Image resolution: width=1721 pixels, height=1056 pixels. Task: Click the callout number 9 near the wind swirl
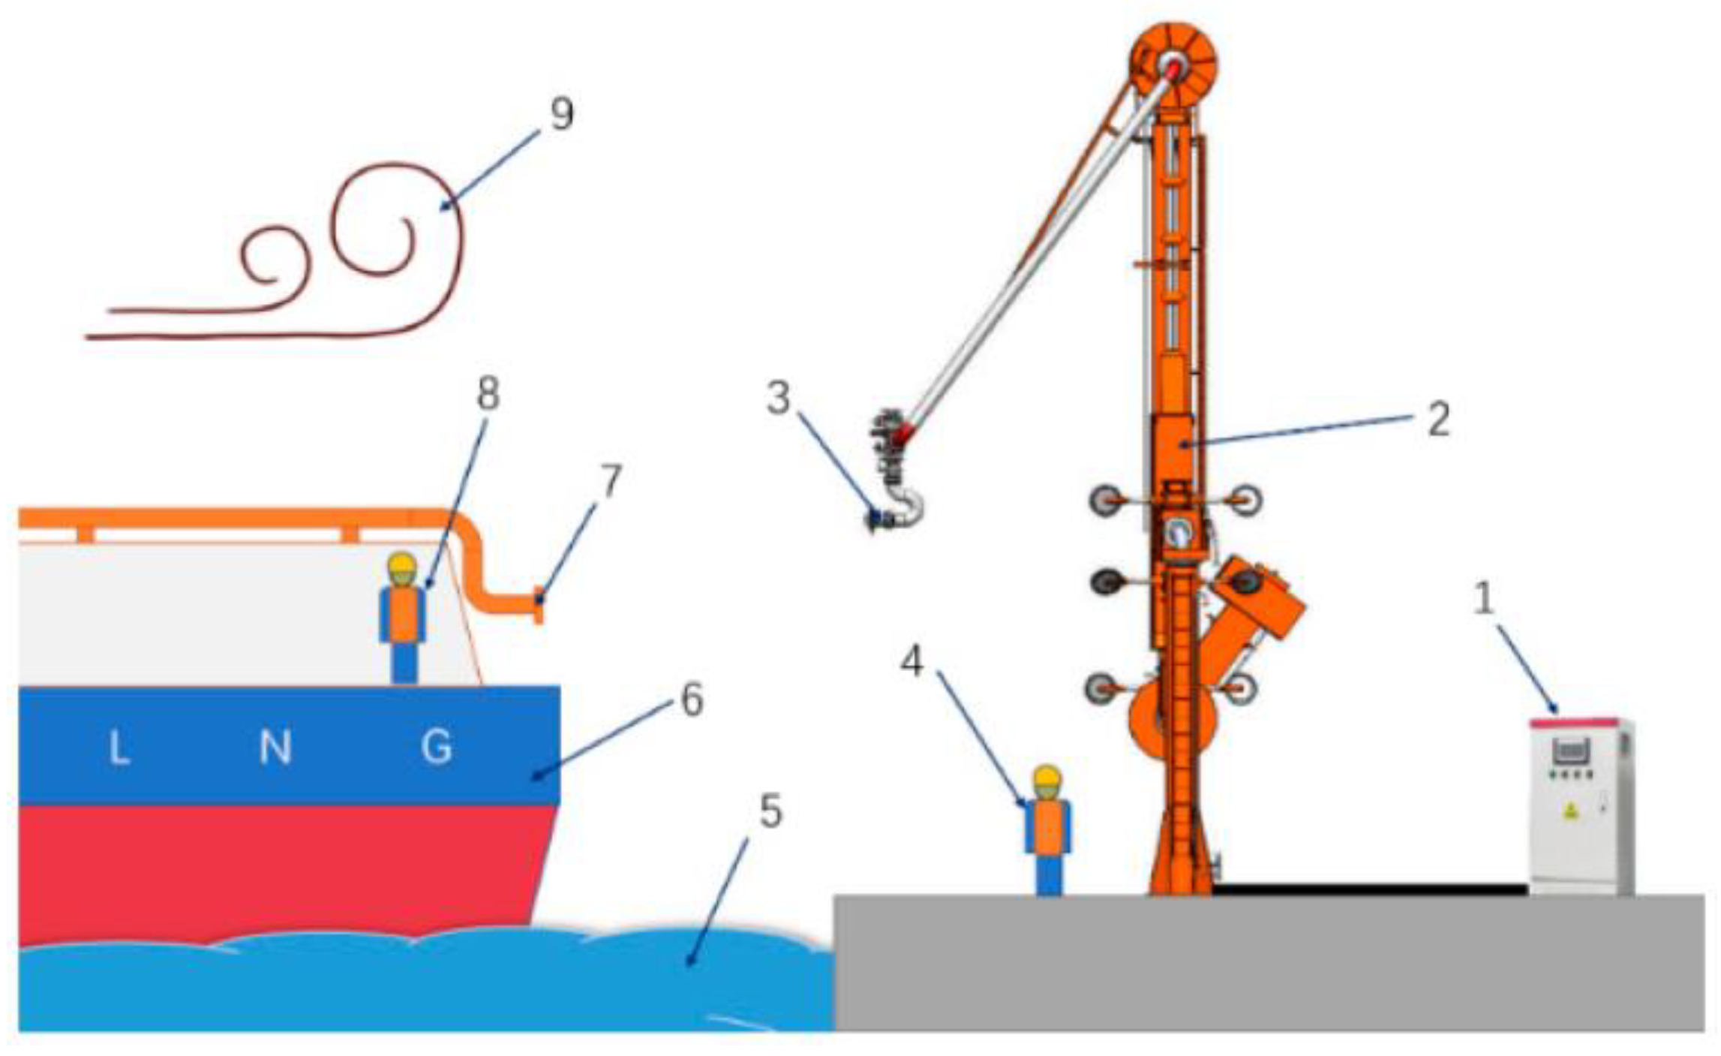[x=562, y=115]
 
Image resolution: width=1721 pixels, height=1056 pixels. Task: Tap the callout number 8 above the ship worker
[x=488, y=394]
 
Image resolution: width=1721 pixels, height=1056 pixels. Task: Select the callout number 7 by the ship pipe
[x=611, y=481]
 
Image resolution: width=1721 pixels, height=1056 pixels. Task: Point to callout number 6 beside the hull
[x=691, y=700]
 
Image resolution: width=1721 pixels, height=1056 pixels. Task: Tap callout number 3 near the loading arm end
[x=779, y=398]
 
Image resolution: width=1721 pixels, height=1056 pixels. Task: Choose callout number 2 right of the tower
[x=1437, y=420]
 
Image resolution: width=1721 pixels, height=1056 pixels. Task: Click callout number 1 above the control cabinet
[x=1483, y=600]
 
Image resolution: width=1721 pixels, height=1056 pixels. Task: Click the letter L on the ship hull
[x=119, y=748]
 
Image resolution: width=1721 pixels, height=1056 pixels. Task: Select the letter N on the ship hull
[x=275, y=748]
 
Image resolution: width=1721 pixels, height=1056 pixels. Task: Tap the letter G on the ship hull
[x=437, y=748]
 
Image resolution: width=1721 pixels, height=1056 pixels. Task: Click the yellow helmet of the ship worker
[x=402, y=565]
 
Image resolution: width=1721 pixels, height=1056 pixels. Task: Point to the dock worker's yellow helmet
[x=1047, y=777]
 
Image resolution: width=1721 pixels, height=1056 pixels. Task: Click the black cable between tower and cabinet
[x=1370, y=889]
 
